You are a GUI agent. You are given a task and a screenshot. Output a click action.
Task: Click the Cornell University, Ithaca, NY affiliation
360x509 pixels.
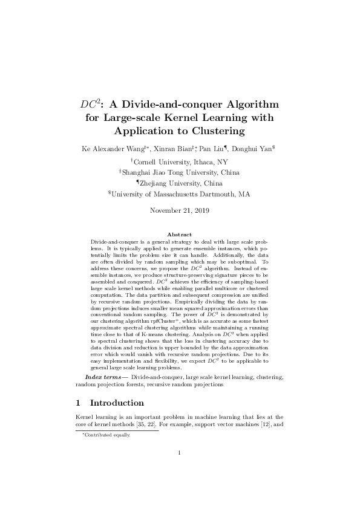[181, 161]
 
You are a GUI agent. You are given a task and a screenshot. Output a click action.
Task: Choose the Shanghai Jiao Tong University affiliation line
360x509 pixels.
[180, 172]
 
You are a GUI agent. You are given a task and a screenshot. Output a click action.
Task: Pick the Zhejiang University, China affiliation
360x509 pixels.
[180, 183]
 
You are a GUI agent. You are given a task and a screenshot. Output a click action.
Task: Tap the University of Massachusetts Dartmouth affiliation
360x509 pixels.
[180, 194]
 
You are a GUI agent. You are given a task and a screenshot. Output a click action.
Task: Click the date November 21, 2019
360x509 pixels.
[180, 210]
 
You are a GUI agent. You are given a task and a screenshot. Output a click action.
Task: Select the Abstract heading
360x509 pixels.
[180, 234]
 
